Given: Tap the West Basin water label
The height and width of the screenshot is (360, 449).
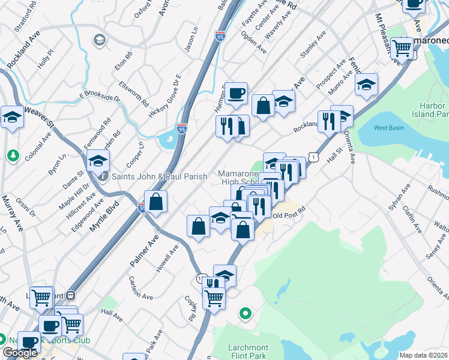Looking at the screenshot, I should click(x=389, y=128).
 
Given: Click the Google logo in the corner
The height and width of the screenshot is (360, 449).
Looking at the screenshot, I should click(x=20, y=353).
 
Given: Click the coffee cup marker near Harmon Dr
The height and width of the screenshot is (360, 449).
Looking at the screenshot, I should click(x=237, y=93).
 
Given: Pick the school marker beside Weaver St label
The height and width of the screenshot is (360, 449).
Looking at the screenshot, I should click(x=11, y=116).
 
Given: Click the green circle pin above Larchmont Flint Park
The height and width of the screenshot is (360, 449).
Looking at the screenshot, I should click(x=245, y=313).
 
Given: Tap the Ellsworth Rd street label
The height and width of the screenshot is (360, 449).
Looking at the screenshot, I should click(x=133, y=94).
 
